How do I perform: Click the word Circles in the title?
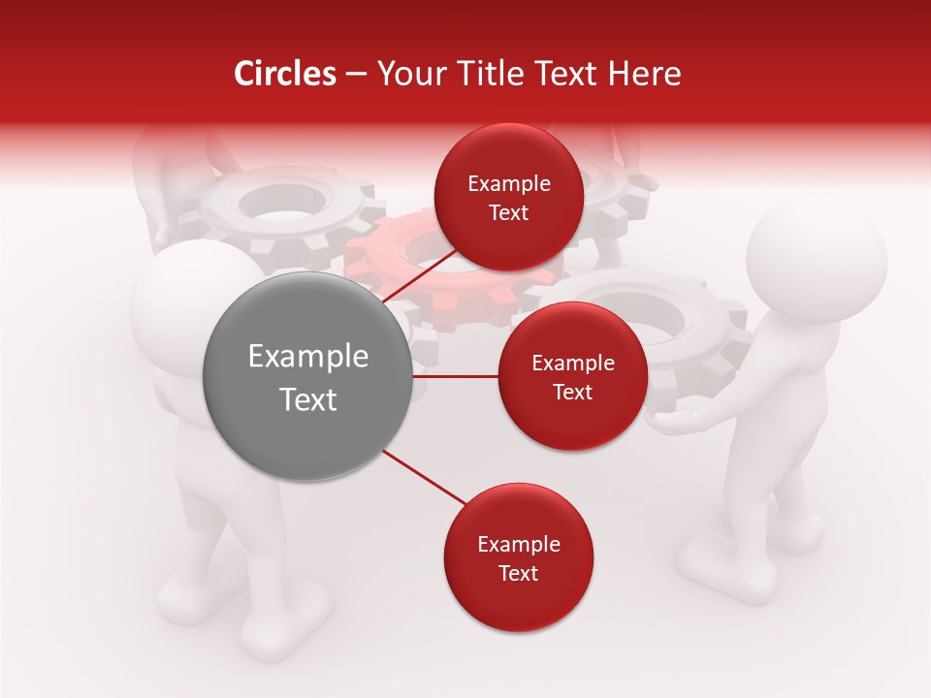point(285,74)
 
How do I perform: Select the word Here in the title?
point(645,74)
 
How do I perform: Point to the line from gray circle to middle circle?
point(455,376)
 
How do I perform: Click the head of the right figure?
point(817,262)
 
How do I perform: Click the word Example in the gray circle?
point(307,357)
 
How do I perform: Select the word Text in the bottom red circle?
point(518,573)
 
